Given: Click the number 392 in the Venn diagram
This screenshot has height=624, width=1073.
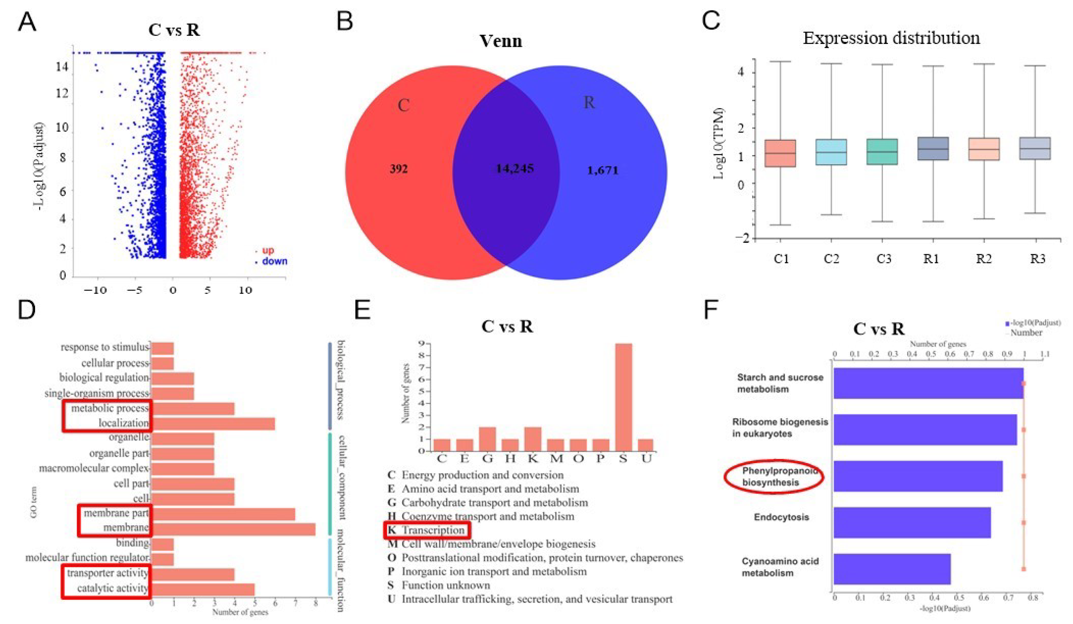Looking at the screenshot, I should point(399,169).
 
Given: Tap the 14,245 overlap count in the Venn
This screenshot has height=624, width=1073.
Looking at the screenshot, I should point(514,169).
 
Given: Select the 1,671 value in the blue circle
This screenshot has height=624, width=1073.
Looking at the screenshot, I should point(603,171).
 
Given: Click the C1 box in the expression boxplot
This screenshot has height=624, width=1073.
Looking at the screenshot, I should point(780,153).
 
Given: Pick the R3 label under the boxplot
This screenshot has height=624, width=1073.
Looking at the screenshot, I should point(1037,258).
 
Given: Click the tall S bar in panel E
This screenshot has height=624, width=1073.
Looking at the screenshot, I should point(623,397).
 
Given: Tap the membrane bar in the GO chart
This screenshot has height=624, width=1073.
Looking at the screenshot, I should point(233,529).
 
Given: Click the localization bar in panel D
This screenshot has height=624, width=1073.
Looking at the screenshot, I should point(213,424).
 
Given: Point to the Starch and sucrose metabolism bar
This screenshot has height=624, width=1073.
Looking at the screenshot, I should point(928,383).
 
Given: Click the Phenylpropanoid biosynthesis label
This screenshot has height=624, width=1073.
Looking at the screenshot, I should point(774,476).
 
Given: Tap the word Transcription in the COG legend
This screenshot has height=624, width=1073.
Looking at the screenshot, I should point(433,530).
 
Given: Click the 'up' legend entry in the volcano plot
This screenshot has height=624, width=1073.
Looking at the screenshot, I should point(268,250).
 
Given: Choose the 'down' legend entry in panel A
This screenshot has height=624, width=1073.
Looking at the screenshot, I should point(274,261).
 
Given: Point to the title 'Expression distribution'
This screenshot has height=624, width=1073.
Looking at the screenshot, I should point(891,38).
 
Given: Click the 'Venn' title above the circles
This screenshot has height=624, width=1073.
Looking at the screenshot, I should point(501,41).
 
